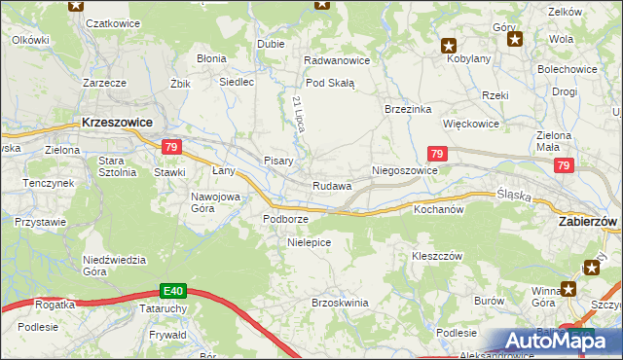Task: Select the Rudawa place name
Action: [332, 186]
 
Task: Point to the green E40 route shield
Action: [173, 290]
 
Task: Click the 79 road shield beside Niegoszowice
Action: [437, 154]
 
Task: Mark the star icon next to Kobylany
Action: [448, 45]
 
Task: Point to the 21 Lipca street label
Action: [298, 115]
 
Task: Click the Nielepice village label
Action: [310, 241]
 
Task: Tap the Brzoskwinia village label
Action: [340, 303]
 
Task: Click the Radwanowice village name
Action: [337, 60]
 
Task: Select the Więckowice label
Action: [471, 125]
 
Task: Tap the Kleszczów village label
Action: [436, 256]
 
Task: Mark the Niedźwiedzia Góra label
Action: [114, 266]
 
